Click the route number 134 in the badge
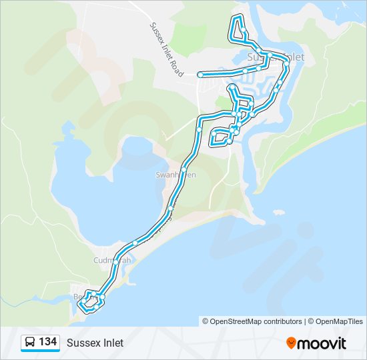pyautogui.click(x=47, y=343)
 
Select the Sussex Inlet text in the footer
pyautogui.click(x=95, y=343)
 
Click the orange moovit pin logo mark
pyautogui.click(x=291, y=343)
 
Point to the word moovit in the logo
pyautogui.click(x=322, y=343)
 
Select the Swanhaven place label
pyautogui.click(x=175, y=175)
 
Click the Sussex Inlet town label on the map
pyautogui.click(x=276, y=57)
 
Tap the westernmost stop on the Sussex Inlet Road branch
pyautogui.click(x=200, y=75)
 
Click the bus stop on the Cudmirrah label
pyautogui.click(x=116, y=262)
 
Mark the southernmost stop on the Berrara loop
pyautogui.click(x=85, y=309)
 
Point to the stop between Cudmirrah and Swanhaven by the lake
pyautogui.click(x=135, y=243)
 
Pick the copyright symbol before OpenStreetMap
pyautogui.click(x=206, y=321)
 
